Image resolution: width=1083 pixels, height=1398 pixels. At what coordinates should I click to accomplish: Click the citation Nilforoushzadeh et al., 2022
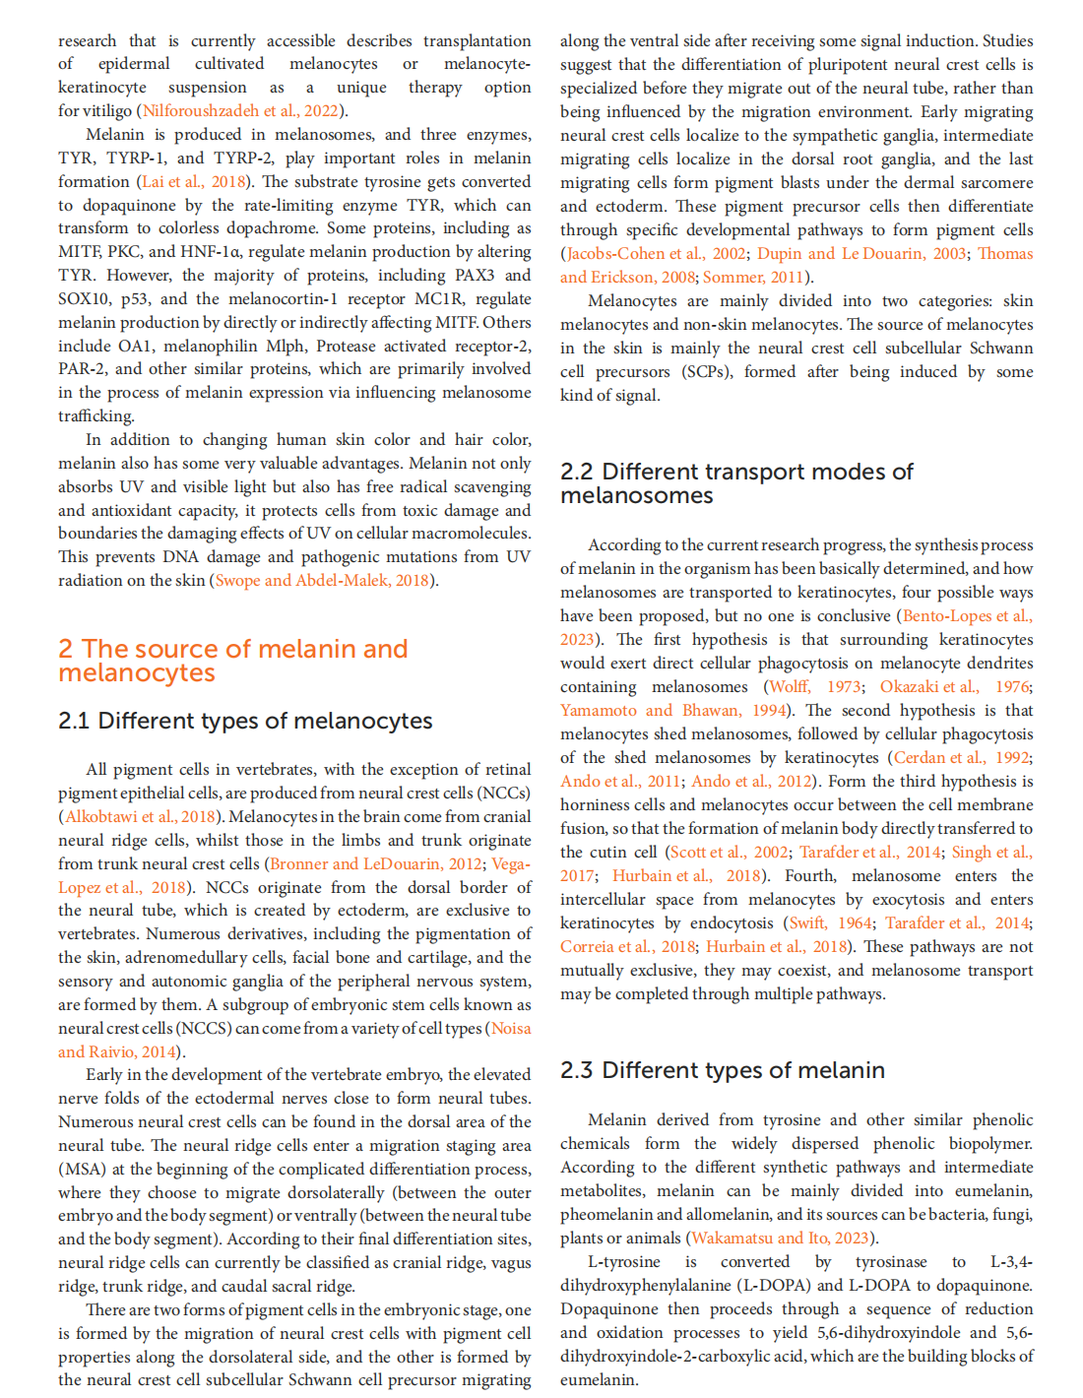(240, 111)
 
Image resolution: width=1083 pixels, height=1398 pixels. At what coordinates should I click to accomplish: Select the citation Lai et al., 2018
(193, 182)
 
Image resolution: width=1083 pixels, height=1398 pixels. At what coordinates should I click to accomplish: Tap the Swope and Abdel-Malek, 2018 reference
(322, 581)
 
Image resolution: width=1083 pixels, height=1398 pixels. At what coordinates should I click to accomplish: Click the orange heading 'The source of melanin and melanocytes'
(232, 661)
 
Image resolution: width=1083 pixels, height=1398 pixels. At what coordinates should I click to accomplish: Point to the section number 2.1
(73, 721)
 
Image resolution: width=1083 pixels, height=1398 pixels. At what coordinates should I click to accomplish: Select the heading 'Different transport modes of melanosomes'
(736, 483)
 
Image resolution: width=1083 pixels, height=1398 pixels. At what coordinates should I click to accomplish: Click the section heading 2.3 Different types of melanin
(722, 1070)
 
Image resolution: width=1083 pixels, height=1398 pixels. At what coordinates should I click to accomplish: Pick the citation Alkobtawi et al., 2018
(140, 817)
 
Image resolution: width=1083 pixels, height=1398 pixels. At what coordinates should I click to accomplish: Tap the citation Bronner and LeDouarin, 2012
(376, 864)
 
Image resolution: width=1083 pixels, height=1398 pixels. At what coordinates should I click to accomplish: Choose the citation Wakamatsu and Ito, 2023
(783, 1239)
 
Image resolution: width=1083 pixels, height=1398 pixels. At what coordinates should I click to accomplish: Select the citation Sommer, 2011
(756, 278)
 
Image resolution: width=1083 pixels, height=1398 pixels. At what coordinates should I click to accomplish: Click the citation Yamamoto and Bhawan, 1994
(673, 711)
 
